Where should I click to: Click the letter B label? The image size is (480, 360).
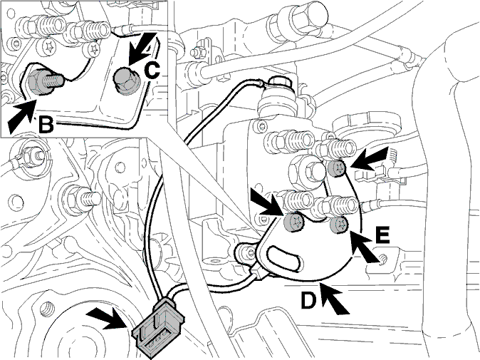[46, 125]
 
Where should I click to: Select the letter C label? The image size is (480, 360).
[152, 70]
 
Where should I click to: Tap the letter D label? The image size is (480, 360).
[308, 300]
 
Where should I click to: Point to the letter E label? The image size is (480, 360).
[382, 235]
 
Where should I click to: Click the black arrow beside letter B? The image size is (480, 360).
[21, 117]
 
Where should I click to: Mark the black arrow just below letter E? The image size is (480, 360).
[365, 247]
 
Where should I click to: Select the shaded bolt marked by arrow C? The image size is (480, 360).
[125, 81]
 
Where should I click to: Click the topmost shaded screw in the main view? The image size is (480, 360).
[337, 168]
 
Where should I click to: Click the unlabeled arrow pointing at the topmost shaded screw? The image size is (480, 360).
[369, 158]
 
